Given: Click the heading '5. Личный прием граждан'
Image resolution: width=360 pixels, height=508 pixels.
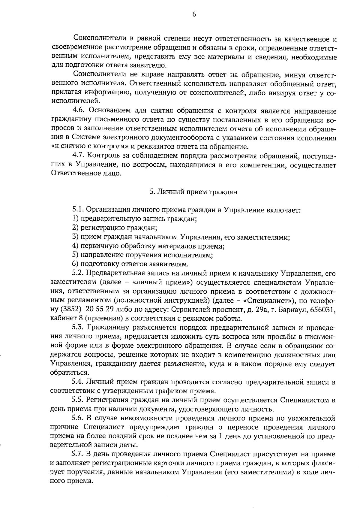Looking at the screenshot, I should coord(193,192).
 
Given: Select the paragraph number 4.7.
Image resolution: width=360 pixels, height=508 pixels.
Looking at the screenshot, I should coord(79,156).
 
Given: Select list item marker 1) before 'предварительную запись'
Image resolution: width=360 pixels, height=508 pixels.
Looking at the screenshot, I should coord(76,219).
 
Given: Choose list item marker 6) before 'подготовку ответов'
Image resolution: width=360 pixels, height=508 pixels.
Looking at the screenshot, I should coord(76,264).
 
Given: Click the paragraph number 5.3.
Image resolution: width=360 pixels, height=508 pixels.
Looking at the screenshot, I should coord(79,328).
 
